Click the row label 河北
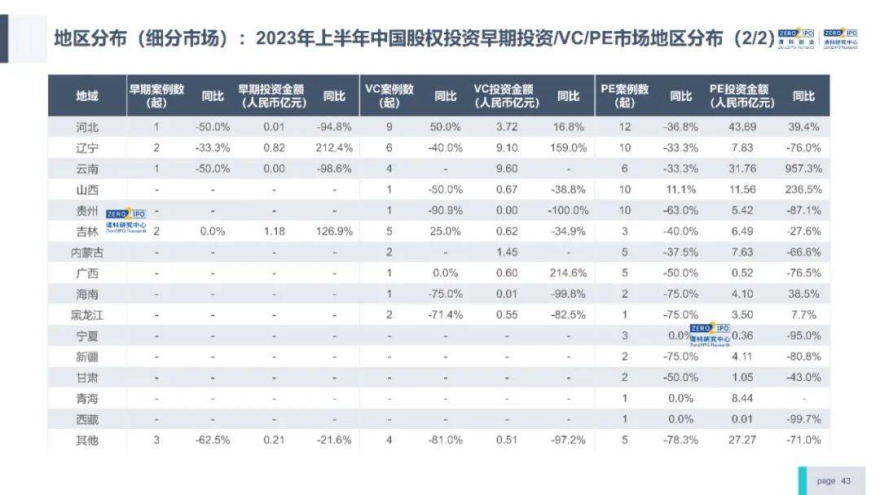(86, 127)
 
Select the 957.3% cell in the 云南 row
(803, 169)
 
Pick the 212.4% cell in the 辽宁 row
(334, 148)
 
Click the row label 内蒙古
(86, 252)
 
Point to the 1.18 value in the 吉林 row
(274, 231)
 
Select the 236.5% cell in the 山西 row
(803, 190)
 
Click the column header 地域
(86, 96)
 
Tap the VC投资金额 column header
(505, 96)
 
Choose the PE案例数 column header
(625, 96)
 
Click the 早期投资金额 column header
(274, 96)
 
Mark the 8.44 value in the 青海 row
(741, 398)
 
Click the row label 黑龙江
(86, 315)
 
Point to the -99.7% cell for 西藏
(803, 418)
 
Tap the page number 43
(846, 481)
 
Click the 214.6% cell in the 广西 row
(569, 273)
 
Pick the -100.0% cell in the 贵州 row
(569, 210)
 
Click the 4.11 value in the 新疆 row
(741, 357)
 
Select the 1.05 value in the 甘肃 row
(741, 377)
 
